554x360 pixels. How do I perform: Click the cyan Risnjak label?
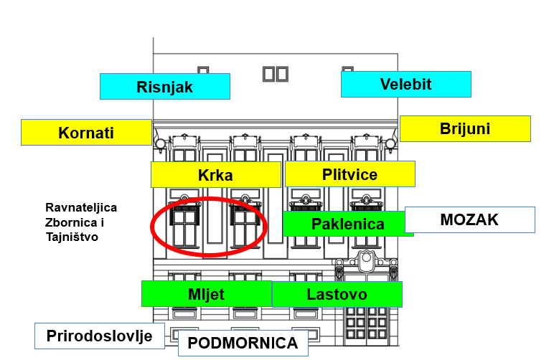pyautogui.click(x=164, y=87)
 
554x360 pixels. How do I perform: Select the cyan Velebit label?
pyautogui.click(x=405, y=84)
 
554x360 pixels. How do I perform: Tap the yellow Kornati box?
pyautogui.click(x=86, y=133)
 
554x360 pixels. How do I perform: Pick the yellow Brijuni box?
pyautogui.click(x=464, y=128)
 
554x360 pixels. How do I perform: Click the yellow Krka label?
pyautogui.click(x=215, y=174)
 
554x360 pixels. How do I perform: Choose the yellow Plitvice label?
pyautogui.click(x=349, y=174)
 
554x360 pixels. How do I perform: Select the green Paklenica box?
pyautogui.click(x=347, y=224)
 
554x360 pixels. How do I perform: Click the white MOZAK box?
pyautogui.click(x=469, y=219)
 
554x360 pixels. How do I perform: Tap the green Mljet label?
pyautogui.click(x=206, y=293)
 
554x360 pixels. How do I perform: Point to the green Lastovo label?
pyautogui.click(x=337, y=294)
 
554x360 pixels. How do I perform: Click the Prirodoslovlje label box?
pyautogui.click(x=99, y=336)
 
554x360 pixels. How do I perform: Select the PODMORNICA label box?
pyautogui.click(x=243, y=343)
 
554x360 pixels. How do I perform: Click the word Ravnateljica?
pyautogui.click(x=80, y=208)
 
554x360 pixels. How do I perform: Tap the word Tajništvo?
pyautogui.click(x=72, y=237)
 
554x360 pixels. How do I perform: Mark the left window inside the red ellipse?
pyautogui.click(x=184, y=224)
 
